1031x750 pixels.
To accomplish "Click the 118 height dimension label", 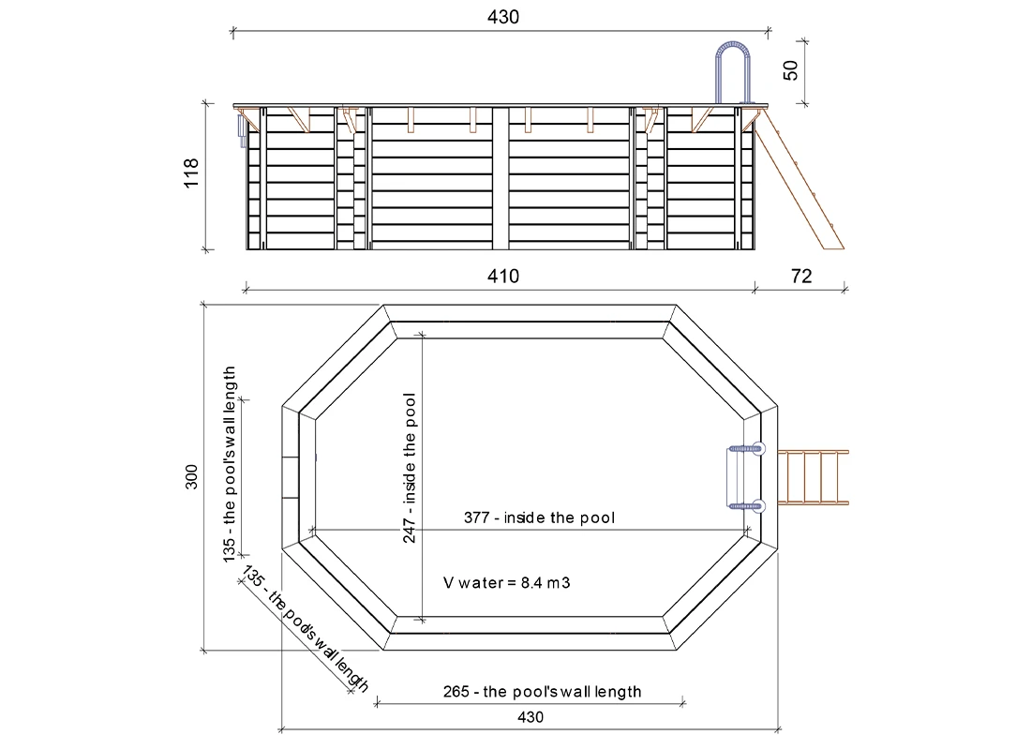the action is coord(190,173).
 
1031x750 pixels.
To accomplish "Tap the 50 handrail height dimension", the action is coord(791,69).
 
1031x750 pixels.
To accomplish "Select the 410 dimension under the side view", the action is coord(503,276).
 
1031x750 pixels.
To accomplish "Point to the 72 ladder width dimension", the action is coord(801,276).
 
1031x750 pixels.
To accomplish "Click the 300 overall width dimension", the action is coord(190,477).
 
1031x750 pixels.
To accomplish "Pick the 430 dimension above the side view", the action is coord(503,17).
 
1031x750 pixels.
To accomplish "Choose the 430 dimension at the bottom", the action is coord(530,717).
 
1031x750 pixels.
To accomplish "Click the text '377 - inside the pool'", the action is coord(539,517).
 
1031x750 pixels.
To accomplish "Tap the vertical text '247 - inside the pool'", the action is coord(409,468).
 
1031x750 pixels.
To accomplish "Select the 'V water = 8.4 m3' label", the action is coord(506,583).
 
